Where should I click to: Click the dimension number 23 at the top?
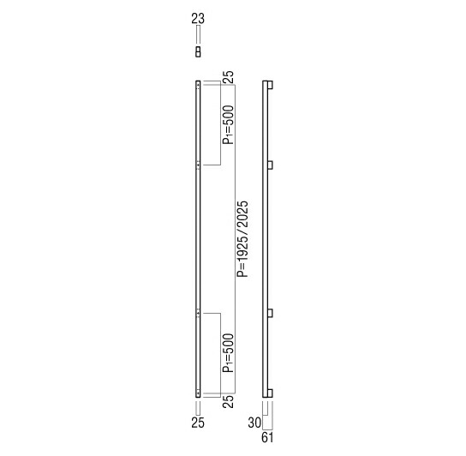pos(199,17)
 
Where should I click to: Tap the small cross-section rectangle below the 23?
pos(199,52)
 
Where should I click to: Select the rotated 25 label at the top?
pos(229,77)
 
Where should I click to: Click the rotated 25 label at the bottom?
pos(229,401)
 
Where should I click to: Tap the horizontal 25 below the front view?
pos(198,422)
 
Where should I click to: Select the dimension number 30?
pos(254,422)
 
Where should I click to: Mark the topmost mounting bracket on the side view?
pos(270,85)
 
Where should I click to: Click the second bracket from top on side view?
pos(270,164)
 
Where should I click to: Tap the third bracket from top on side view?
pos(270,314)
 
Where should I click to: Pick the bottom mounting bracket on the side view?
pos(270,393)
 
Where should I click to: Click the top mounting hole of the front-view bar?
pos(198,84)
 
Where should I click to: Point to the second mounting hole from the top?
pos(198,164)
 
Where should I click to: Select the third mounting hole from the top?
pos(198,314)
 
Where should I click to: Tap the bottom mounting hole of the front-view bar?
pos(198,393)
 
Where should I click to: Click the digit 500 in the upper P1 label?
pos(229,120)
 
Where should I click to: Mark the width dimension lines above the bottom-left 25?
pos(198,406)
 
